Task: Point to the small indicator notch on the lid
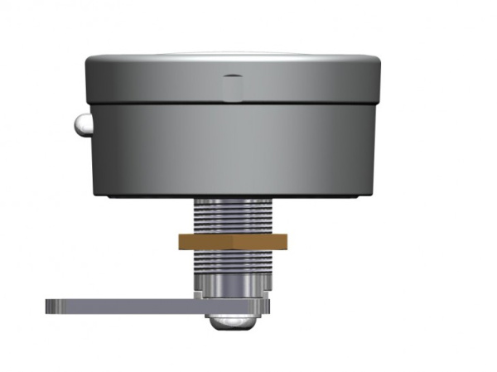(233, 85)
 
